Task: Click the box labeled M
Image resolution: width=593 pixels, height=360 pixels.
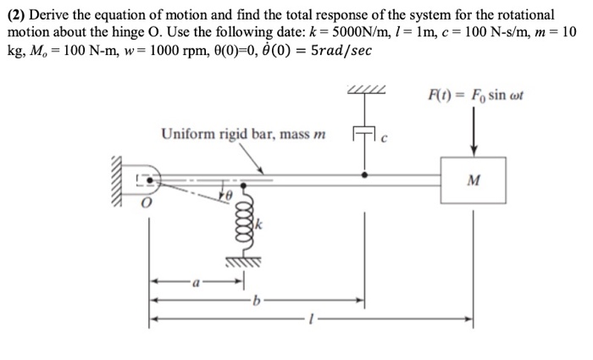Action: (473, 180)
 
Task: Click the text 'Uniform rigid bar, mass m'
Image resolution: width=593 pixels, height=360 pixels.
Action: (231, 133)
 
